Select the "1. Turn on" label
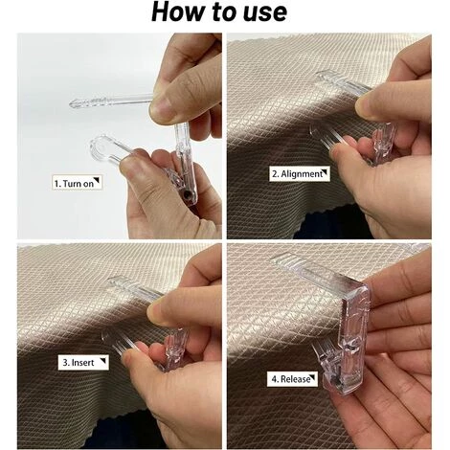click(x=77, y=183)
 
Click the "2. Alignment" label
click(x=300, y=174)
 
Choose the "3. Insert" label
click(x=83, y=362)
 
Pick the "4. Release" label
click(x=292, y=379)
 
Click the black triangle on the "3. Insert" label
click(x=103, y=361)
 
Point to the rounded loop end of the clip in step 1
click(x=101, y=148)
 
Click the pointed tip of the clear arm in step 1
click(x=71, y=103)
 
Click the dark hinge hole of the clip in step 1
click(x=187, y=194)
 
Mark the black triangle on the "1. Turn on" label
click(x=97, y=181)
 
